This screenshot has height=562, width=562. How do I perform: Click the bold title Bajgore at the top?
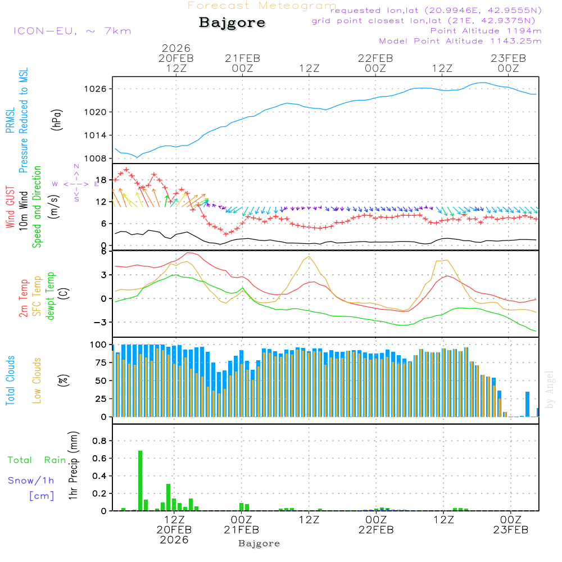point(232,23)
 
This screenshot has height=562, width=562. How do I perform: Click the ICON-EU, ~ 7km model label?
point(72,31)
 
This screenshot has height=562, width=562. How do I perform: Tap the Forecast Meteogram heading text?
point(262,6)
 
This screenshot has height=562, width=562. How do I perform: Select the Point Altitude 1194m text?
point(486,30)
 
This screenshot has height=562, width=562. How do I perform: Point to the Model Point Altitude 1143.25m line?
point(460,41)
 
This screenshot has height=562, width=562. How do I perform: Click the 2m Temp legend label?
point(24,298)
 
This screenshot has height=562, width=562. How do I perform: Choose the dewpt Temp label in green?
point(51,296)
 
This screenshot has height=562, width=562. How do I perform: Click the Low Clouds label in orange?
point(37,379)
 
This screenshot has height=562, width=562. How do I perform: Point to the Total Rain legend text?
point(37,460)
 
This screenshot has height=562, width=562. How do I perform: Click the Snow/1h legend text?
point(31,481)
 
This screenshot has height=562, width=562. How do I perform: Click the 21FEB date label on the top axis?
point(242,58)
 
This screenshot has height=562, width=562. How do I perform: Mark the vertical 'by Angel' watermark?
point(550,390)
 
